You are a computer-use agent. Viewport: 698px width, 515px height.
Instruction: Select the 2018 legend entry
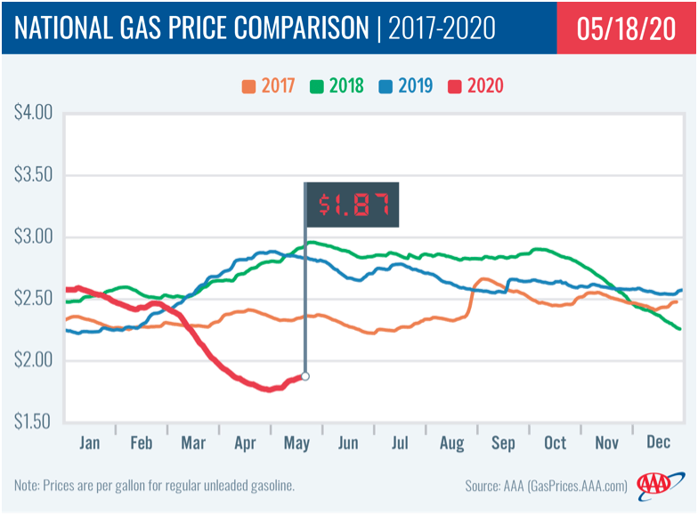click(x=337, y=86)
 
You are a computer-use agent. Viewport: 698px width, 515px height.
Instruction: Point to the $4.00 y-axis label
click(x=34, y=114)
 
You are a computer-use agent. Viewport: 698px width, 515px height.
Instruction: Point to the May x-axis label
click(x=298, y=441)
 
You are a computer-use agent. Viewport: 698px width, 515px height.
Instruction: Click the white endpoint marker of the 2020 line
click(x=305, y=376)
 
